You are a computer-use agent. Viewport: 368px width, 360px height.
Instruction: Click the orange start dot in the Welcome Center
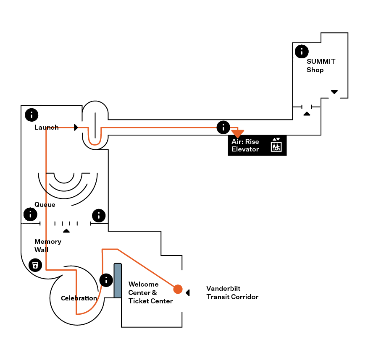[178, 289]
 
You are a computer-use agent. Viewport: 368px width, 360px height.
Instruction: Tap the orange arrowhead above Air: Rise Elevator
[238, 133]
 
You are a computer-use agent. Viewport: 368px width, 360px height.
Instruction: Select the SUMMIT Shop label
[321, 65]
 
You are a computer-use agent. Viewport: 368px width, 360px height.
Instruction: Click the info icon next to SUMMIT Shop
[302, 52]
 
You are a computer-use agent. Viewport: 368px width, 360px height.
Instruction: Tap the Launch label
[46, 127]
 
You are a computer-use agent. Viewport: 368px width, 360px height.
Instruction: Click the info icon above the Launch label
[32, 115]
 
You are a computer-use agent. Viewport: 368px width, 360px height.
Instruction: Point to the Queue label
[45, 205]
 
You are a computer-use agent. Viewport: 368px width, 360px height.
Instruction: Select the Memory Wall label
[47, 245]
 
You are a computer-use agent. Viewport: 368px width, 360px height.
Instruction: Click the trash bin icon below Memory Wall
[36, 265]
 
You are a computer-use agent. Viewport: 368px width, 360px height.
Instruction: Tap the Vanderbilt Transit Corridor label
[232, 292]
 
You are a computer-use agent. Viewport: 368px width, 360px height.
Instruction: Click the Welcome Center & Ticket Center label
[150, 292]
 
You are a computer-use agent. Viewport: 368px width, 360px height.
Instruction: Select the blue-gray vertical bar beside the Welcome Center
[118, 280]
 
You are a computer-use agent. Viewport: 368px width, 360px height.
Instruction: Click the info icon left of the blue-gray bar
[106, 280]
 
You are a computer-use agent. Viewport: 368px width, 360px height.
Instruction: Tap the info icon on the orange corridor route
[223, 127]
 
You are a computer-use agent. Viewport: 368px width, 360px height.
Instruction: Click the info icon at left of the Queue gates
[30, 214]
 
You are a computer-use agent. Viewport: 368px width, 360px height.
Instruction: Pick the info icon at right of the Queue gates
[98, 216]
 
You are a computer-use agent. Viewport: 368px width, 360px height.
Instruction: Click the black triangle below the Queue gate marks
[66, 231]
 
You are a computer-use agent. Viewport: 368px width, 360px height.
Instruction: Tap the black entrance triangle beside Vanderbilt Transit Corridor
[188, 292]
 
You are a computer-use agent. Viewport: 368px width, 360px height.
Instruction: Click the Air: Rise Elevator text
[245, 145]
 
